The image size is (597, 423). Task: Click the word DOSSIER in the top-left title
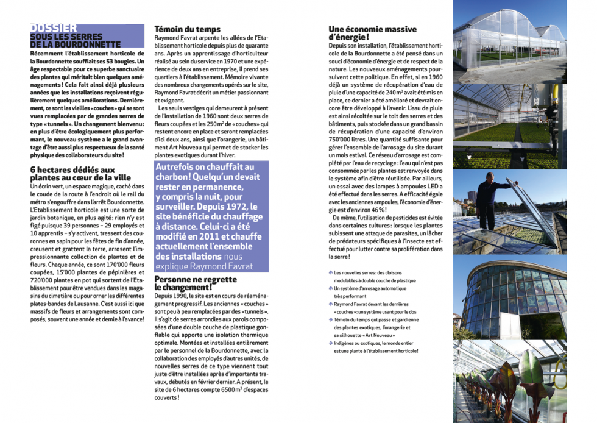54,28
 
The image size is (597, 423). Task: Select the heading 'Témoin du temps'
188,29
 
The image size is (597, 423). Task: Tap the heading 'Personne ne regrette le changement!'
196,283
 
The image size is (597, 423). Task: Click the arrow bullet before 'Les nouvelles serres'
330,273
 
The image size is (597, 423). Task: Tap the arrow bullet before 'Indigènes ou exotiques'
330,343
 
